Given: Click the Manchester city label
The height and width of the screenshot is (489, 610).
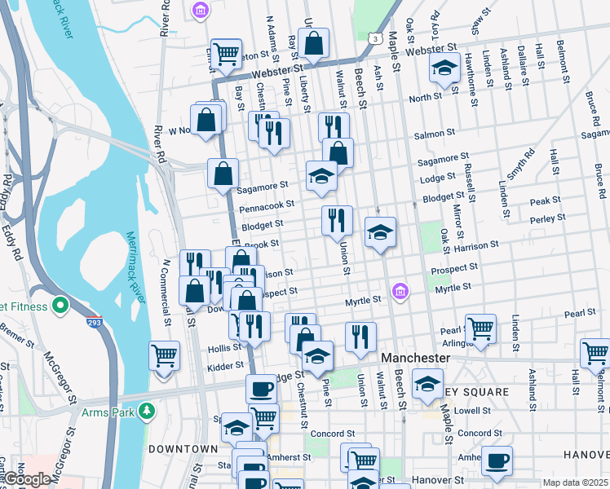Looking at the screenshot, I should pyautogui.click(x=416, y=358).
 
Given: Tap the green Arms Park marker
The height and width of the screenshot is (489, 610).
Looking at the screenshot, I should pyautogui.click(x=147, y=410).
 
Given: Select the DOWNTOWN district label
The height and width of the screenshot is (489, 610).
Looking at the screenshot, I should pyautogui.click(x=183, y=449).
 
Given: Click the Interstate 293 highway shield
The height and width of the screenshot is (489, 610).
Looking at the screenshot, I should pyautogui.click(x=95, y=323).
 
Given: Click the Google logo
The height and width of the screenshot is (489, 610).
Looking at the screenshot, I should pyautogui.click(x=26, y=480).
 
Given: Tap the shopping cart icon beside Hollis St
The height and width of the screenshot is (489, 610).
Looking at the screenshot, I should pyautogui.click(x=165, y=355).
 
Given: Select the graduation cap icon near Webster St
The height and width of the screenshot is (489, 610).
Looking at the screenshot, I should pyautogui.click(x=444, y=68).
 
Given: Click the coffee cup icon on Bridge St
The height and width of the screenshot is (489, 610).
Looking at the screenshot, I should pyautogui.click(x=262, y=388).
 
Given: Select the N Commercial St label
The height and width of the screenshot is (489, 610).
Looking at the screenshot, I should pyautogui.click(x=166, y=291).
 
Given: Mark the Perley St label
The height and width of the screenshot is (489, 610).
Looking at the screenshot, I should pyautogui.click(x=547, y=218).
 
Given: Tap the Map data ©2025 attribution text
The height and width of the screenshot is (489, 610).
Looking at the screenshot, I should pyautogui.click(x=575, y=482).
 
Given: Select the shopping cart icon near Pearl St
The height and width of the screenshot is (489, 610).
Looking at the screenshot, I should pyautogui.click(x=480, y=328).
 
